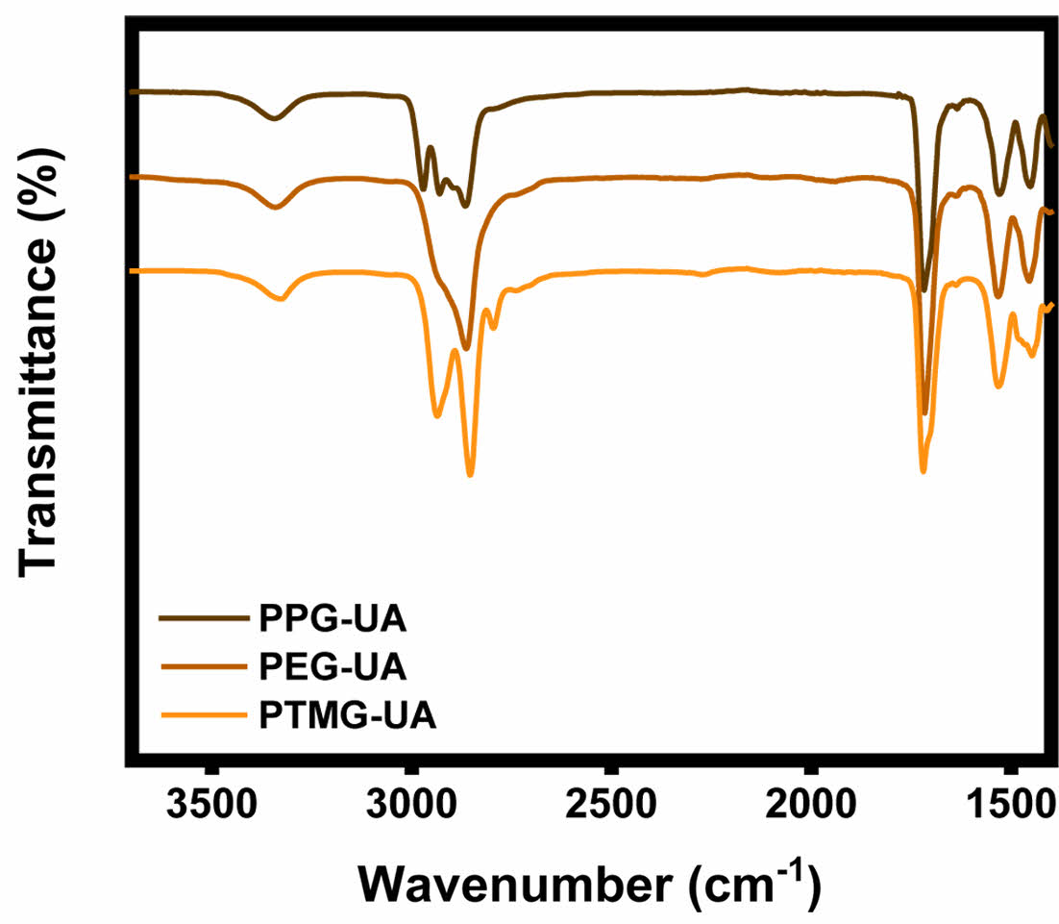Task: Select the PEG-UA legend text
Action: [332, 666]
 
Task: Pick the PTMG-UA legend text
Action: [347, 716]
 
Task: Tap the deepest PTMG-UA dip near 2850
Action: [470, 473]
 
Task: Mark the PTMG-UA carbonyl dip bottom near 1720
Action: [924, 470]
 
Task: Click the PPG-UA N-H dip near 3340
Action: [275, 118]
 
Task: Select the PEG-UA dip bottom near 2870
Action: [466, 348]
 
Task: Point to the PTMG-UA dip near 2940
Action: [437, 415]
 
